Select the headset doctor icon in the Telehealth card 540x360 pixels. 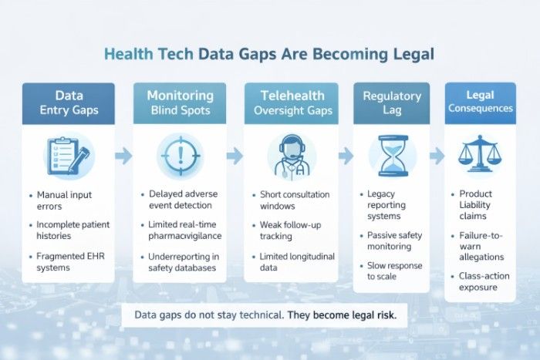(x=291, y=156)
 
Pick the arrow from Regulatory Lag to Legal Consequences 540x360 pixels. (x=437, y=156)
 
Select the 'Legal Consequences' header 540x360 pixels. (x=481, y=101)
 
